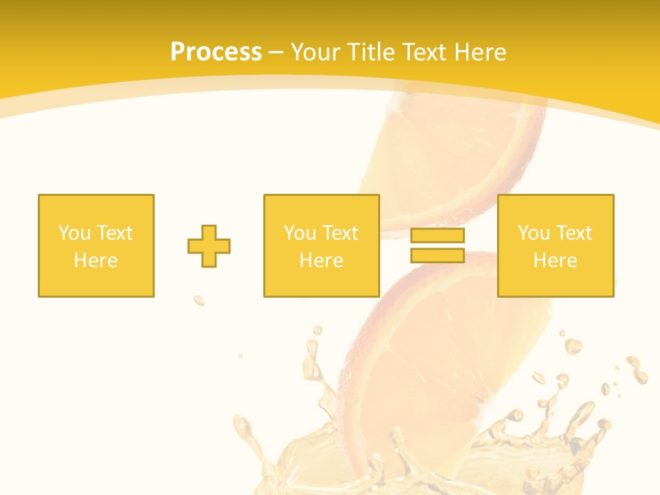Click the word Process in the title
(x=216, y=52)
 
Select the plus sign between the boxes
(x=209, y=245)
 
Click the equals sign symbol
(x=437, y=245)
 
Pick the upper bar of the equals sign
(x=437, y=236)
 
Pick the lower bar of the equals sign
(x=437, y=255)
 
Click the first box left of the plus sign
(x=96, y=245)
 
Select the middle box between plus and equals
(x=321, y=245)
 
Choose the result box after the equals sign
(x=555, y=245)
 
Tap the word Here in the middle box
(x=321, y=261)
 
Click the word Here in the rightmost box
(x=555, y=261)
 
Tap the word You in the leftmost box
(x=74, y=233)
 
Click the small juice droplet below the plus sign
(x=199, y=300)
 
